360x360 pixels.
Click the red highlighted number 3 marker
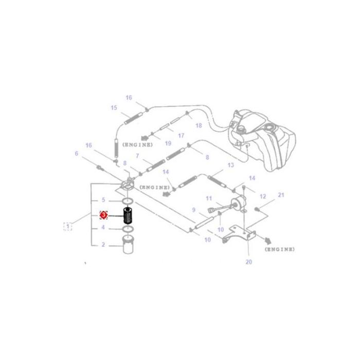[x=103, y=215]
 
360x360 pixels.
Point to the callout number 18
[x=199, y=125]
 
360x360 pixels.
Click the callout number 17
[x=181, y=136]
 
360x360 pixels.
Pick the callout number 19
[x=168, y=144]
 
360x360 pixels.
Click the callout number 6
[x=77, y=153]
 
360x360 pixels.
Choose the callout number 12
[x=263, y=196]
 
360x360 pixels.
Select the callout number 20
[x=249, y=262]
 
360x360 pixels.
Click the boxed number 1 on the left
[x=67, y=225]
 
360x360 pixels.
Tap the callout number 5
[x=103, y=200]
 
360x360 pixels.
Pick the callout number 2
[x=103, y=244]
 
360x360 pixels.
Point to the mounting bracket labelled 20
[x=239, y=235]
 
